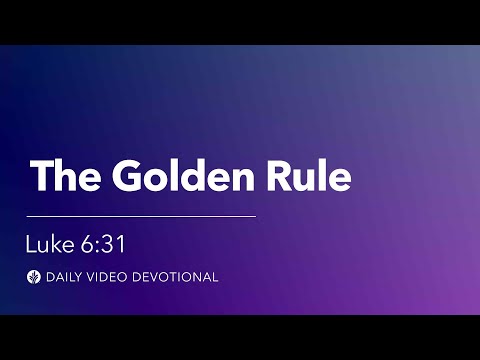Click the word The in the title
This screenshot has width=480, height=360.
pos(62,176)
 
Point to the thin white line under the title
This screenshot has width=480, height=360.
pos(141,215)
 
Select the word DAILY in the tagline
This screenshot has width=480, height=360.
pos(63,276)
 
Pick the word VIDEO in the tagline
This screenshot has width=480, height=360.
pos(110,276)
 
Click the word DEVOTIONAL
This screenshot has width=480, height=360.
pos(177,276)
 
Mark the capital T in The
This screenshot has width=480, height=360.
pos(42,176)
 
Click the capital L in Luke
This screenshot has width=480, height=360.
pos(31,243)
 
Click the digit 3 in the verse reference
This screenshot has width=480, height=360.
pos(108,243)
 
